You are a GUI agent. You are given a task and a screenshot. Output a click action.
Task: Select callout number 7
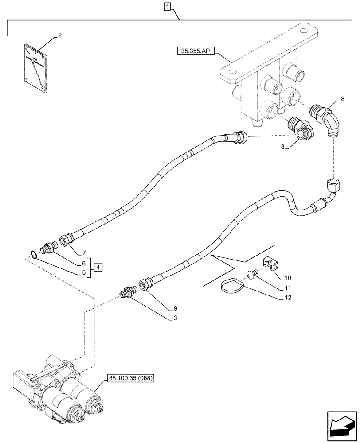tap(84, 253)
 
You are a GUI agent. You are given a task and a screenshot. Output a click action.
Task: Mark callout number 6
tap(84, 263)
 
